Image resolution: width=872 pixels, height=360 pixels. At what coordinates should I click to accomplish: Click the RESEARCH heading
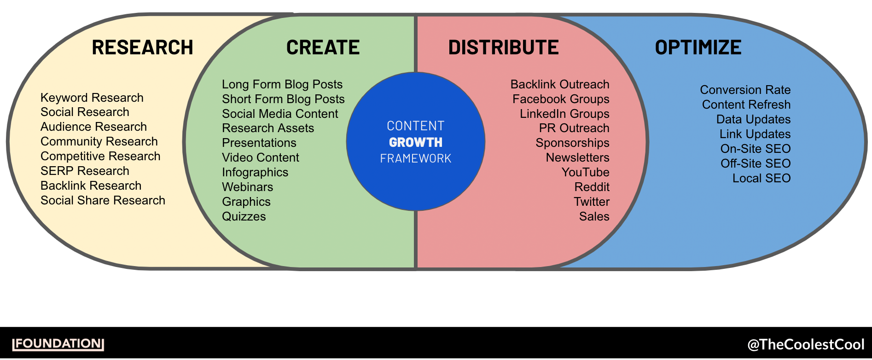[x=142, y=47]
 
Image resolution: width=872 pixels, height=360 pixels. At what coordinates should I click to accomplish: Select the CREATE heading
[x=323, y=47]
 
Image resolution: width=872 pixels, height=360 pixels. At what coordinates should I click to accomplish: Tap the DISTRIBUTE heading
[x=503, y=47]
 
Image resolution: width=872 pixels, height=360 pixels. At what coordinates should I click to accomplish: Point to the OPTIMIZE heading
[x=698, y=47]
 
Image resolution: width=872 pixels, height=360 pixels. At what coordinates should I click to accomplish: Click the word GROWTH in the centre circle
[x=415, y=142]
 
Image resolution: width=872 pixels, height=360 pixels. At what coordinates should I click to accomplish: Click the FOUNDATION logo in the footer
[x=58, y=344]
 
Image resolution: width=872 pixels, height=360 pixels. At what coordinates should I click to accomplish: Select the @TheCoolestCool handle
[x=806, y=344]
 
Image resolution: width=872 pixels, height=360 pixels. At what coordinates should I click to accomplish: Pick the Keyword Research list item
[x=92, y=98]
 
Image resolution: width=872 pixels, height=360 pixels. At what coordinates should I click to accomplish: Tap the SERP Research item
[x=85, y=171]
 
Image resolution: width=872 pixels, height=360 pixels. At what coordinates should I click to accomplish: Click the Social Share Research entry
[x=103, y=200]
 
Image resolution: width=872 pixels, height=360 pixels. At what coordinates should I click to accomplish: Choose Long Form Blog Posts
[x=282, y=84]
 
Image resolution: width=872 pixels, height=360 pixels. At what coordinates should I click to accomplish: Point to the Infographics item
[x=255, y=172]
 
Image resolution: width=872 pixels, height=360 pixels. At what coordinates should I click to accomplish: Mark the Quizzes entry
[x=244, y=216]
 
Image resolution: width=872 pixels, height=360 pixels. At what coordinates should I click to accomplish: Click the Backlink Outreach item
[x=559, y=84]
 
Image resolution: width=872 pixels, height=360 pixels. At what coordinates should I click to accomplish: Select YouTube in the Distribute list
[x=585, y=172]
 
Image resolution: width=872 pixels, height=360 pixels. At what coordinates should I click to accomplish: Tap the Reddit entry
[x=592, y=187]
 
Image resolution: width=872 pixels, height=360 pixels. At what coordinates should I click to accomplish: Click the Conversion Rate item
[x=745, y=90]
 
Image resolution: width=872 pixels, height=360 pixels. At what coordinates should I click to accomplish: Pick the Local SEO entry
[x=761, y=178]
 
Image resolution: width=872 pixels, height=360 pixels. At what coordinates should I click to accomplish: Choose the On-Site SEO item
[x=755, y=149]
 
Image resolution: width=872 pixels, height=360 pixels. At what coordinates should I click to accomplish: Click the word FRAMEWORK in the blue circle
[x=415, y=158]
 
